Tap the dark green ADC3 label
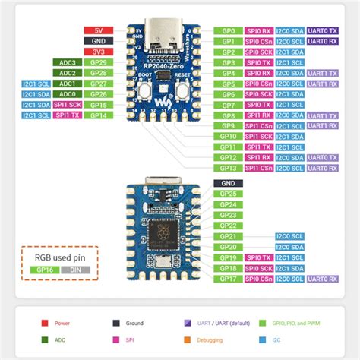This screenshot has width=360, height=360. (65, 62)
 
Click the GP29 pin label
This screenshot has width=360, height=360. (98, 62)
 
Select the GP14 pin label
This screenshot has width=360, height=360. (98, 115)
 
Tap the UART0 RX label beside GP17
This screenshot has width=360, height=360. (323, 279)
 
